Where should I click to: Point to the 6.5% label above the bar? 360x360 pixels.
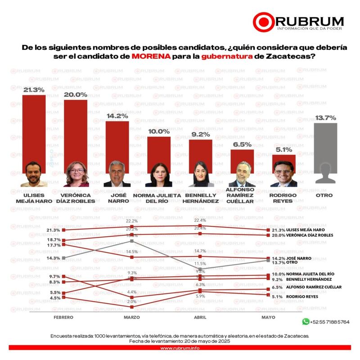tap(242, 144)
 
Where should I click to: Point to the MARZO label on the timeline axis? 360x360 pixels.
tap(131, 317)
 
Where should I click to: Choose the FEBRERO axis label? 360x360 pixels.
tap(63, 317)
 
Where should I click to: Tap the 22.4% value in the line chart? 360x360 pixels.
tap(200, 220)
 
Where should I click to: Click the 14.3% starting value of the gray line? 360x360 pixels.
tap(53, 258)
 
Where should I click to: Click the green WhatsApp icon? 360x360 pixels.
tap(306, 322)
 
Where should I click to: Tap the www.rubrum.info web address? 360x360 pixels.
tap(180, 347)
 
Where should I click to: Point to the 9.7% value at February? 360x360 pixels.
tap(54, 276)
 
